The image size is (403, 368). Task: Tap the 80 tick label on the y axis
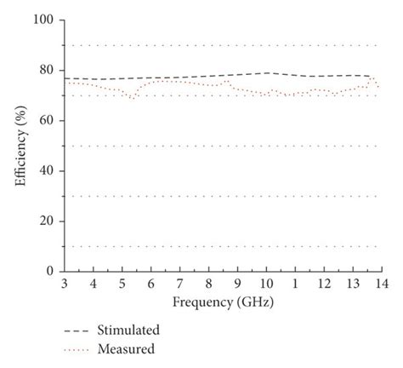point(48,70)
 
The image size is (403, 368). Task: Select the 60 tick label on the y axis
point(48,120)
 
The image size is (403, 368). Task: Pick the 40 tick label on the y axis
point(48,170)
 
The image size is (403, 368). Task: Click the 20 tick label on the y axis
point(48,221)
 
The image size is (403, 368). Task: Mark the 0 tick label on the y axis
point(51,271)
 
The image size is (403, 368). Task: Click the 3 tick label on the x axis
point(64,284)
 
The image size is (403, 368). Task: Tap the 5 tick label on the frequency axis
point(122,284)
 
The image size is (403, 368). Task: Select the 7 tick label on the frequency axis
point(179,284)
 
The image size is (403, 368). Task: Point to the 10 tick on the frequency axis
point(266,284)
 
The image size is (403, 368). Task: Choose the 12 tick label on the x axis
point(324,284)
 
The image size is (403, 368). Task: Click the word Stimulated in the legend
point(129,330)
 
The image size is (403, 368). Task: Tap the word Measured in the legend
point(127,348)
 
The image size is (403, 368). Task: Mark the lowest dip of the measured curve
point(131,98)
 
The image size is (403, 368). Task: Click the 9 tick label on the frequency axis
point(237,284)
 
